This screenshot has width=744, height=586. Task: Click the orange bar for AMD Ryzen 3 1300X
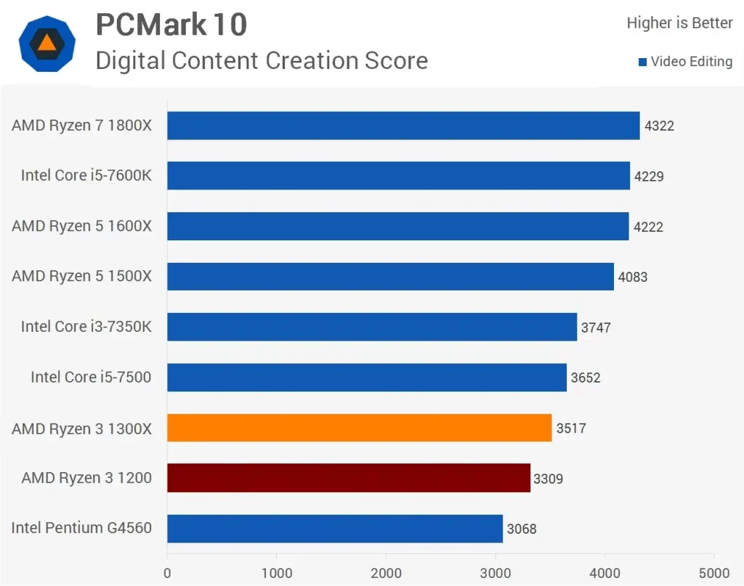click(x=360, y=428)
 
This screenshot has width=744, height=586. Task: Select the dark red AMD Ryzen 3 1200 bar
click(x=349, y=478)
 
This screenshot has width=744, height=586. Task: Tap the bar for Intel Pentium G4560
click(x=335, y=528)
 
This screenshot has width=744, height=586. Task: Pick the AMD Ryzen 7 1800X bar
click(x=403, y=126)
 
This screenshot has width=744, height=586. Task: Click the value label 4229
click(x=649, y=176)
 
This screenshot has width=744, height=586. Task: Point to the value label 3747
click(x=596, y=327)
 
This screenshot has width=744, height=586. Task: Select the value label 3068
click(x=522, y=529)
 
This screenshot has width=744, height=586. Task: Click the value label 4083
click(x=632, y=277)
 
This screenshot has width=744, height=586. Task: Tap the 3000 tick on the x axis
click(x=496, y=572)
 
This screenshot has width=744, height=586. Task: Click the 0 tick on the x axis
click(x=168, y=572)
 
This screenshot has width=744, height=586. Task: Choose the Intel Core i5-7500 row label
click(x=91, y=377)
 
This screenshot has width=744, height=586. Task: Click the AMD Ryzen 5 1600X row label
click(x=81, y=226)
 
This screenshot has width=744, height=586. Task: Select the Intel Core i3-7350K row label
click(x=86, y=327)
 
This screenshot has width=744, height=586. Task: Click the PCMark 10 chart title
click(x=171, y=25)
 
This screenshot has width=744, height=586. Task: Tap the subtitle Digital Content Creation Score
click(x=262, y=60)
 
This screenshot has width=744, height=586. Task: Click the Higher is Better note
click(x=679, y=23)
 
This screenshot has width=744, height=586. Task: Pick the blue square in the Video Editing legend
click(x=642, y=62)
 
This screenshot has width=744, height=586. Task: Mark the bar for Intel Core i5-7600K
click(x=398, y=176)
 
